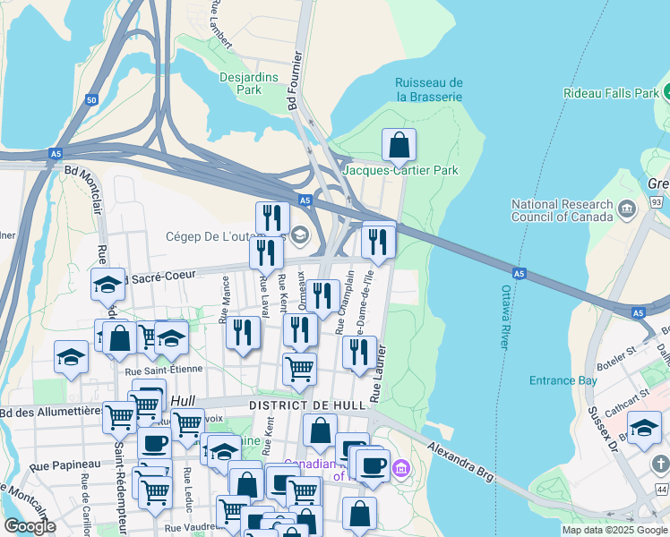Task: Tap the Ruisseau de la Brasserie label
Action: [429, 89]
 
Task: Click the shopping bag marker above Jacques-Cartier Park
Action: [399, 146]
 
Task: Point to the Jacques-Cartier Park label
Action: [400, 170]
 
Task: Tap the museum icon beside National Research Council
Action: [626, 209]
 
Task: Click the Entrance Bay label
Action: [563, 380]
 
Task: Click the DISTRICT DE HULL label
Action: [307, 405]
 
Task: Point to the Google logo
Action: [30, 526]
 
